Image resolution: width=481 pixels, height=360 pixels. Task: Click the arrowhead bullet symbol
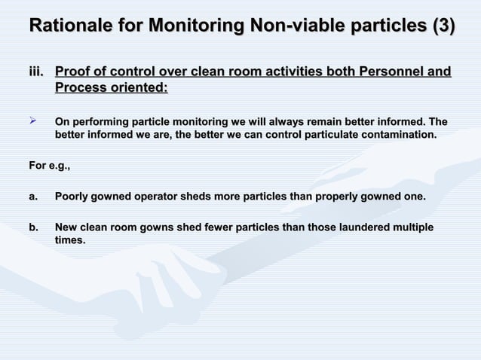tap(33, 121)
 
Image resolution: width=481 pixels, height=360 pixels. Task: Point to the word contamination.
tap(396, 135)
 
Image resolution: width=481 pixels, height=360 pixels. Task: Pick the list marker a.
tap(33, 197)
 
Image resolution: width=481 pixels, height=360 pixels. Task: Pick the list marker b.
tap(33, 227)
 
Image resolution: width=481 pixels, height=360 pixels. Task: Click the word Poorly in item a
tap(72, 197)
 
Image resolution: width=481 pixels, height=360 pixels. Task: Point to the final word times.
tap(70, 240)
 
